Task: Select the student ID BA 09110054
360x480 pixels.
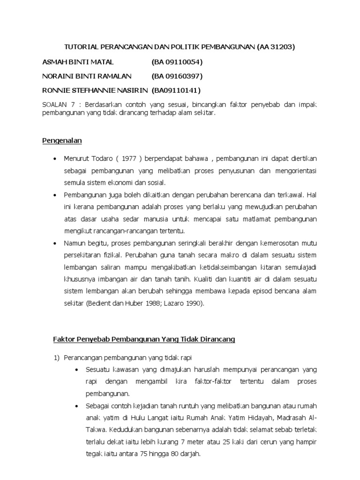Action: tap(177, 62)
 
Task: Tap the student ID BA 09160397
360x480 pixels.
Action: tap(177, 76)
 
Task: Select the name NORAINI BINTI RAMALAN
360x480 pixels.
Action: tap(87, 76)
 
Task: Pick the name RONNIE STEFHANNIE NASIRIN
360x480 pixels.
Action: tap(95, 90)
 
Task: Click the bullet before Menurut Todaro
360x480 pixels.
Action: tap(55, 158)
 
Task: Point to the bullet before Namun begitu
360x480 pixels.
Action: tap(55, 243)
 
